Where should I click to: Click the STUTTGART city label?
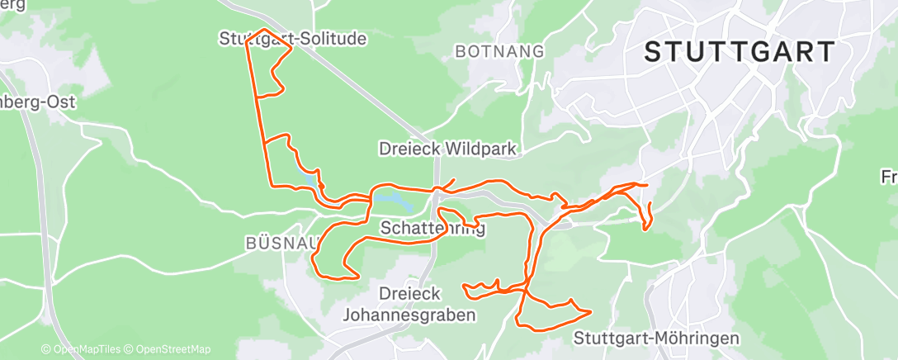coord(740,52)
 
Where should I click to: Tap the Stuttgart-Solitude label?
coord(293,39)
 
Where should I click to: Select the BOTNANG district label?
coord(500,51)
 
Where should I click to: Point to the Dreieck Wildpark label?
coord(447,149)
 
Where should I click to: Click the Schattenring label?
coord(432,227)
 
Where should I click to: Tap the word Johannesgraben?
coord(409,315)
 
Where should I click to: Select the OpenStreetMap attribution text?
coord(173,349)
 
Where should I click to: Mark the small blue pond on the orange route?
coord(309,178)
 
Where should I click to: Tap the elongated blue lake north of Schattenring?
coord(393,200)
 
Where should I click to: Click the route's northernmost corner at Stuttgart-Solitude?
coord(264,30)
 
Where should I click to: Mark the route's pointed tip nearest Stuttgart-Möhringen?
coord(591,312)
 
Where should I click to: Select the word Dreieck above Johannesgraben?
coord(409,293)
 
